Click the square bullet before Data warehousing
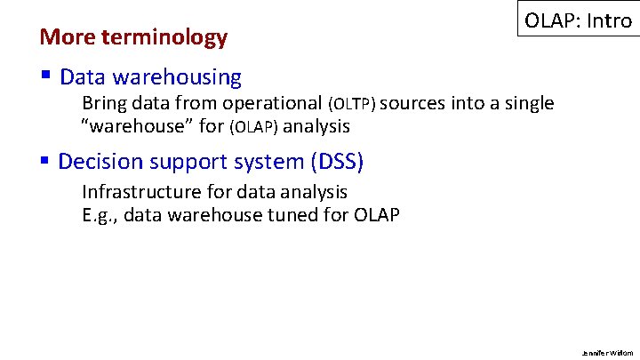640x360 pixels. pos(45,76)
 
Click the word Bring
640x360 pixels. pos(103,104)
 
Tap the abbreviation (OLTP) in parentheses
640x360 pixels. pos(353,105)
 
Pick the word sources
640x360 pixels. pos(415,104)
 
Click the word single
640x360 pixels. pos(528,104)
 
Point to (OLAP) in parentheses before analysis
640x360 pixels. pos(253,127)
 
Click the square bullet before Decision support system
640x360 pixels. pos(45,161)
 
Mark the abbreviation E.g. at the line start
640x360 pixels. pos(99,214)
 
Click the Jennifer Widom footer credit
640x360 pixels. pos(612,352)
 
